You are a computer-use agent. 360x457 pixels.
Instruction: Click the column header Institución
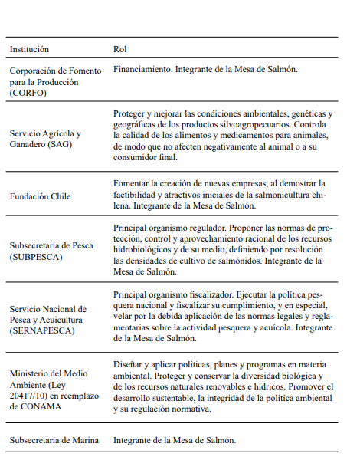(29, 49)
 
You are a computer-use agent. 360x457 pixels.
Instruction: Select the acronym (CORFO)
(28, 92)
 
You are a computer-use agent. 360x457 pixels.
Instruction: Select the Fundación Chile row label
(40, 196)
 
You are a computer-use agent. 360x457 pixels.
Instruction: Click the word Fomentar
(132, 184)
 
